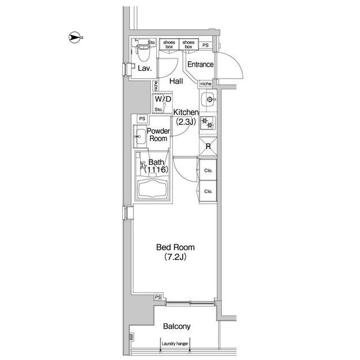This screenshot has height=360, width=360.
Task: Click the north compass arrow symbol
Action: coord(74,37)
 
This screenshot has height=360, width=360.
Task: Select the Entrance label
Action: coord(200,65)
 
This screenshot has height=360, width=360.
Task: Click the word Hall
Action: coord(176,81)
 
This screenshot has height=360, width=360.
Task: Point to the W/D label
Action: coord(163,99)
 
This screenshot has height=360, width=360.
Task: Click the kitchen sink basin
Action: coord(208,100)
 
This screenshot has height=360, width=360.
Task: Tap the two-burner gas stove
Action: coord(208,123)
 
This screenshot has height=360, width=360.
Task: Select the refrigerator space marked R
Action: coord(208,146)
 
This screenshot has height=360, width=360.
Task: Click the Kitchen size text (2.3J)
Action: coord(186,122)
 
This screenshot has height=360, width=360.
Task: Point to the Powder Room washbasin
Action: coord(140,136)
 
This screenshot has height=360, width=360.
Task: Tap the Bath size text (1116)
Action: coord(156,170)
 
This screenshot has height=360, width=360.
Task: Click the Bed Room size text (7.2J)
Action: coord(175,257)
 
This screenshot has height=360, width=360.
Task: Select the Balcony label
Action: coord(177,326)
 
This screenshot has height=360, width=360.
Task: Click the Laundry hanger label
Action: coord(175,344)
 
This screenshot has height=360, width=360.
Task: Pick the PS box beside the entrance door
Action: coord(205,45)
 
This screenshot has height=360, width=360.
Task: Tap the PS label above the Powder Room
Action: coord(142,119)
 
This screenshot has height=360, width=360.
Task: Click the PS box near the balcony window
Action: coord(158,297)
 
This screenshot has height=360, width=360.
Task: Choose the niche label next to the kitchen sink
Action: coord(206,84)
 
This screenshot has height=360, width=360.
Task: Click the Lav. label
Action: coord(145,68)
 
